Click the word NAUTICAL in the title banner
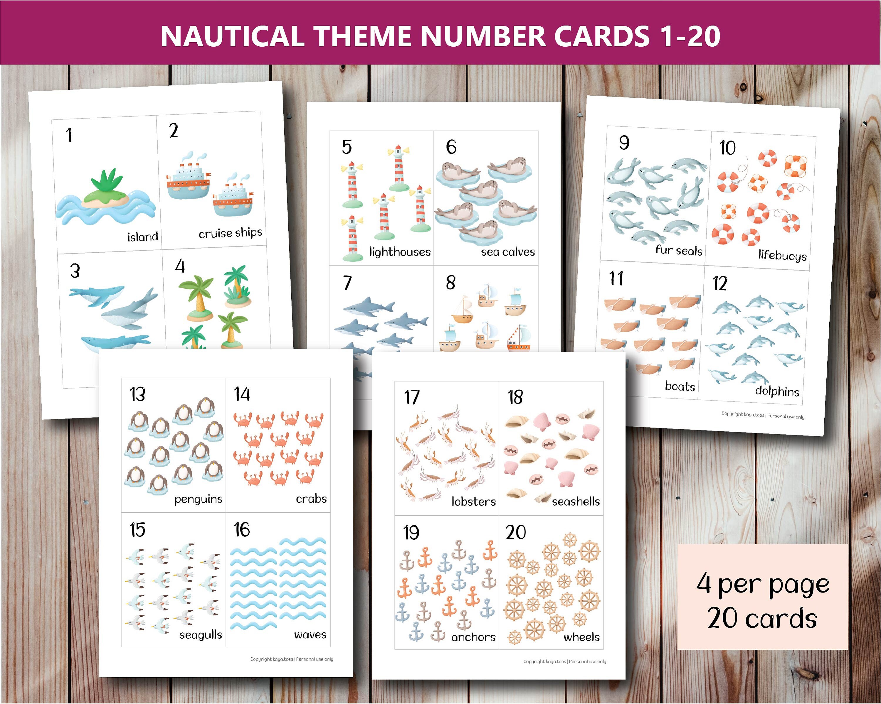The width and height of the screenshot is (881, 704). tap(232, 36)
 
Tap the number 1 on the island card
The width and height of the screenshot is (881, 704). tap(69, 135)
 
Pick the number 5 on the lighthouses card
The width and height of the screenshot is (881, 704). tap(347, 147)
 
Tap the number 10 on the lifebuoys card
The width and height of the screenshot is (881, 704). tap(727, 148)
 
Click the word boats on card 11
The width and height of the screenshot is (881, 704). tap(680, 386)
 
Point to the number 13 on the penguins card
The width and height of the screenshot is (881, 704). tap(137, 394)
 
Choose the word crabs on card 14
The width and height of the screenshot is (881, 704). tap(311, 499)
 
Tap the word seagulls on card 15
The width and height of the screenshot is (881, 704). tap(201, 634)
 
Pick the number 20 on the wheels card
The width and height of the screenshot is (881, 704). tap(516, 532)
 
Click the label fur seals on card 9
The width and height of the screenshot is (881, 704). tap(679, 250)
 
